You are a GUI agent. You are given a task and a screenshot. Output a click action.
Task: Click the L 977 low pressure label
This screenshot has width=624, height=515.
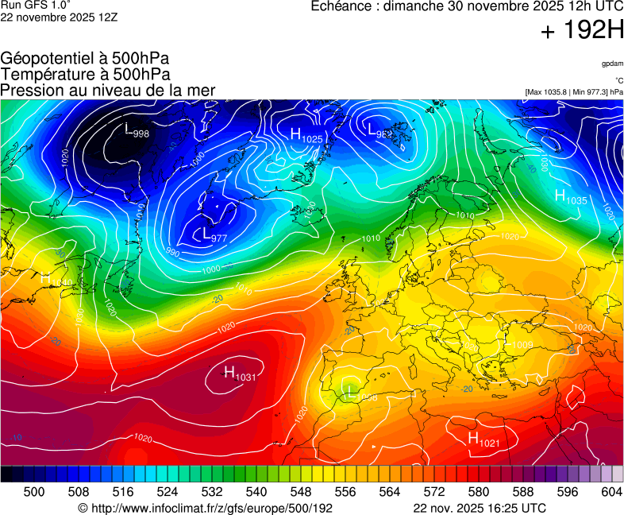[214, 235]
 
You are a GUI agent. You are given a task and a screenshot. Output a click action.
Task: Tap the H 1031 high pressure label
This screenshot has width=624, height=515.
[239, 373]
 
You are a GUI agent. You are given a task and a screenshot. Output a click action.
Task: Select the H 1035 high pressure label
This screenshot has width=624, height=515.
[570, 197]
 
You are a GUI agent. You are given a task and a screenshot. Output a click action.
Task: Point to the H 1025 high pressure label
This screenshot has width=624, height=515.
[306, 136]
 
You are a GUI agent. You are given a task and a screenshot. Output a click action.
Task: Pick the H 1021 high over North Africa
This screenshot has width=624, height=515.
[483, 439]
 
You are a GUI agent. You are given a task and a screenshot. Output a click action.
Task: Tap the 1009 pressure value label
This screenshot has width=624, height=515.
[523, 345]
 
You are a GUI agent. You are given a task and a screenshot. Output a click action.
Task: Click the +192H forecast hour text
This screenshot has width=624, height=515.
[582, 31]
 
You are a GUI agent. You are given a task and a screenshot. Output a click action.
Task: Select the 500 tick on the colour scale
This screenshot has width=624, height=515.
[34, 492]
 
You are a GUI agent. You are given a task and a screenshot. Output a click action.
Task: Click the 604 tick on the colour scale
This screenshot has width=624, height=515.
[611, 492]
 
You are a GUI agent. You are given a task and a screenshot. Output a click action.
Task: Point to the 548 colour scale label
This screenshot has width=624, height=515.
[301, 492]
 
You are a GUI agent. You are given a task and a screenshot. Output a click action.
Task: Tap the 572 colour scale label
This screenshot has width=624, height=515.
[433, 492]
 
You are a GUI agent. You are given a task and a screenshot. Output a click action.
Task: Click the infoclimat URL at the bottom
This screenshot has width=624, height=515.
[205, 508]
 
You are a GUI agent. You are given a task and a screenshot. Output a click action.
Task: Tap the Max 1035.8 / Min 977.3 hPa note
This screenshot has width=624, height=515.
[574, 92]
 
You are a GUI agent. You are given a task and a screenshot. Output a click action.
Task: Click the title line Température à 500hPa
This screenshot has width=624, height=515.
[85, 74]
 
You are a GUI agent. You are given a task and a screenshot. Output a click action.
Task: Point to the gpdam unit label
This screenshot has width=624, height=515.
[612, 64]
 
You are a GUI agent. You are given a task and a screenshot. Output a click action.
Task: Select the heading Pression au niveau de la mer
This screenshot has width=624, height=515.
[108, 90]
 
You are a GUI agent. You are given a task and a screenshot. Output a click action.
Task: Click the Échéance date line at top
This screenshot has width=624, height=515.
[467, 6]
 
